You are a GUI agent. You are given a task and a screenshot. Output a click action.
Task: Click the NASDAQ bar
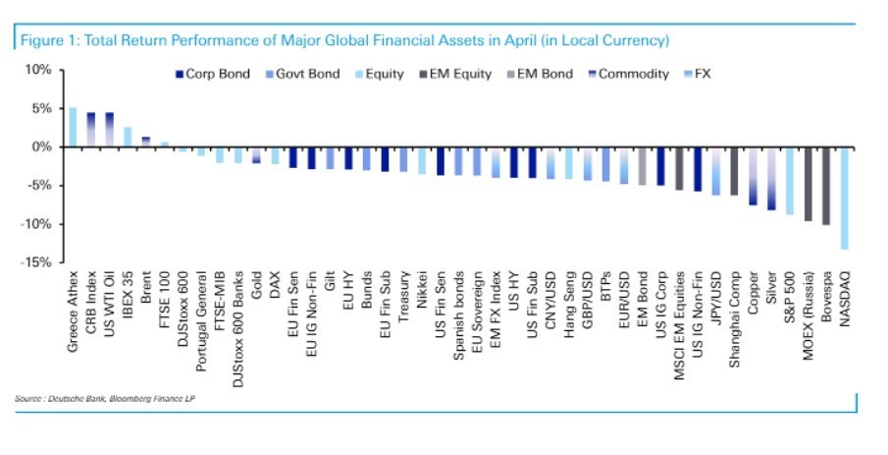(845, 199)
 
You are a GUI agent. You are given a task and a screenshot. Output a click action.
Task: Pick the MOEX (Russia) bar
(809, 184)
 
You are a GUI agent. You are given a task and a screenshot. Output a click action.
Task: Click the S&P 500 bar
(790, 181)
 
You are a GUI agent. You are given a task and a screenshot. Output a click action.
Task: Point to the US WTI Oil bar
(109, 130)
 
